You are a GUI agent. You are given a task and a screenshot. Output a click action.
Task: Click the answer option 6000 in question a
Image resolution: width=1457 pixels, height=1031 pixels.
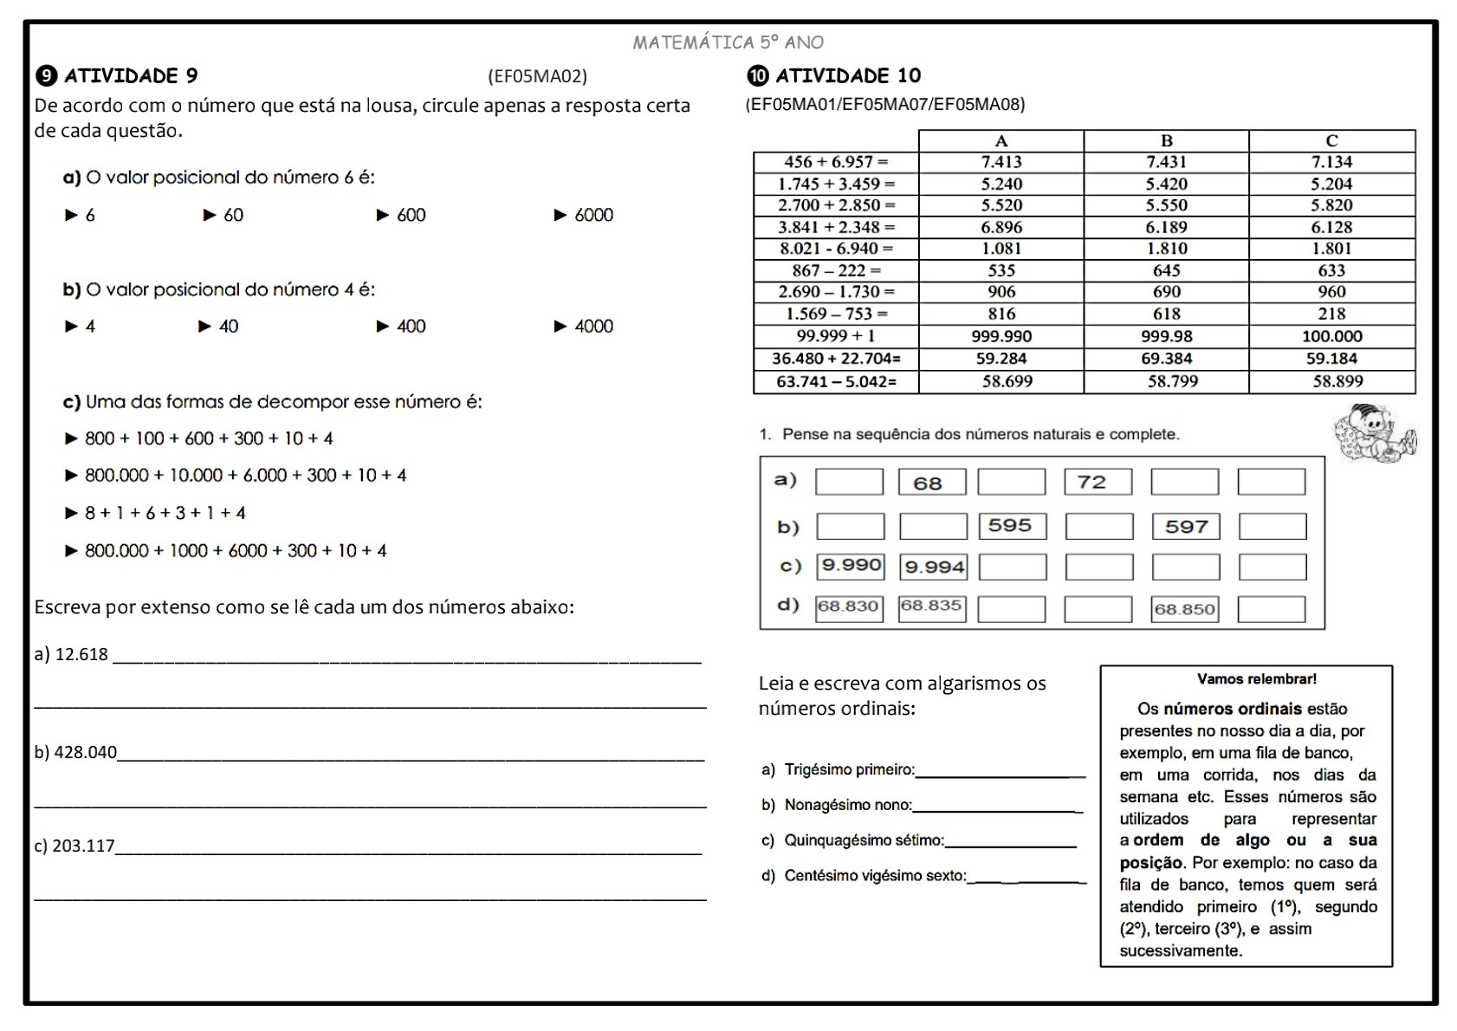(593, 215)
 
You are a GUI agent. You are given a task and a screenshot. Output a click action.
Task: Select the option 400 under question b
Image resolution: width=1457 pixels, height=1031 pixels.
(411, 327)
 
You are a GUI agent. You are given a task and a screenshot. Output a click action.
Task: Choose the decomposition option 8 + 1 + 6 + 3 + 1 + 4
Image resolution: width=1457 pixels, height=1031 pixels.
(165, 513)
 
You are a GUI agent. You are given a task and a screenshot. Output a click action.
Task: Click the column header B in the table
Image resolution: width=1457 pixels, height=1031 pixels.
(1166, 140)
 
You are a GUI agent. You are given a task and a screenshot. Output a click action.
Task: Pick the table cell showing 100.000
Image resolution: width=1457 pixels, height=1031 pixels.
(1331, 336)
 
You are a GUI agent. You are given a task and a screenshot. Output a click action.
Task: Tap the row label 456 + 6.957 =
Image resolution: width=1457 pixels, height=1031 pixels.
(836, 162)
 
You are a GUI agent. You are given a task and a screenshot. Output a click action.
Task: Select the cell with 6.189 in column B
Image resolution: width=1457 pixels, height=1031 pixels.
(1166, 227)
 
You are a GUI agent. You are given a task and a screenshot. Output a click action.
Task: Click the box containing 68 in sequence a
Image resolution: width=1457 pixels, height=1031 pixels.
(931, 483)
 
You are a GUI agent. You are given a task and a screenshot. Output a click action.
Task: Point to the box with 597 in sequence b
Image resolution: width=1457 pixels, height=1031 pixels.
(1185, 527)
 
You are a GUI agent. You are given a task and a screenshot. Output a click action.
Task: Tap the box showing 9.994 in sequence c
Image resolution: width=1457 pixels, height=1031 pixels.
(933, 567)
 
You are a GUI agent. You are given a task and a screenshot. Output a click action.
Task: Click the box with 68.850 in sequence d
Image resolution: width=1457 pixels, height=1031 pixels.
(1184, 609)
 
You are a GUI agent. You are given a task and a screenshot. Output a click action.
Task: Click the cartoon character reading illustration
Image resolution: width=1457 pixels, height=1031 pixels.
(1375, 431)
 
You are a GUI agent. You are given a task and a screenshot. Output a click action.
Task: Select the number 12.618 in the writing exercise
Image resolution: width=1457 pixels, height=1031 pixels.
(81, 655)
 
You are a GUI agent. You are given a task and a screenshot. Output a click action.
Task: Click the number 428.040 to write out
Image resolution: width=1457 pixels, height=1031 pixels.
(85, 752)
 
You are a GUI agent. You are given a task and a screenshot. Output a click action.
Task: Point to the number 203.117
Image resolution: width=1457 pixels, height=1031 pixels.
(83, 846)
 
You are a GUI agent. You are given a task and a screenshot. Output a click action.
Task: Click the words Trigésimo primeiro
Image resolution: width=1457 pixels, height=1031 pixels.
(849, 769)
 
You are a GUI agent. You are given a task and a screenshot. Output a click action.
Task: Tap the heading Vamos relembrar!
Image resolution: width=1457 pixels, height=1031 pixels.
(1256, 679)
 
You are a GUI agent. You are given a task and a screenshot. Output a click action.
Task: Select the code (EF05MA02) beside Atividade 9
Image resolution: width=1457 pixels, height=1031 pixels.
(537, 76)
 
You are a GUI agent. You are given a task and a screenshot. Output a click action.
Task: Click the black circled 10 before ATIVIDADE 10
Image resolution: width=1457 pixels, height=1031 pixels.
(757, 76)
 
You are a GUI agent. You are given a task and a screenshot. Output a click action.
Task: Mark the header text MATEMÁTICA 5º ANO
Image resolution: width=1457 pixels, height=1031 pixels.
(728, 42)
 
